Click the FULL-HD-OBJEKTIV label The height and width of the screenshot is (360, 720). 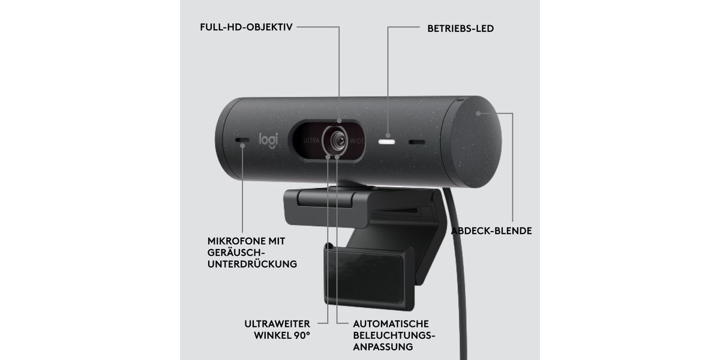coord(246,28)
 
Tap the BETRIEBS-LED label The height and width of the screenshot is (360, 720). coord(460,28)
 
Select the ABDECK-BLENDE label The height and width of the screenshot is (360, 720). coord(491,231)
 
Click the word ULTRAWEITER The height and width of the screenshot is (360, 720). coord(277,323)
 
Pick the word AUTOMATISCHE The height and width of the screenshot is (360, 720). coord(391,323)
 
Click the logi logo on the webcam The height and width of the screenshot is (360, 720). coord(268,140)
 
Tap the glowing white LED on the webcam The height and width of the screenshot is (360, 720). coord(388,142)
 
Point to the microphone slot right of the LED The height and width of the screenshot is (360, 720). coord(417,143)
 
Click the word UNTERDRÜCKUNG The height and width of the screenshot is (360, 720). coord(252,263)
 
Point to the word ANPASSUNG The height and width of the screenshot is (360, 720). coord(383,346)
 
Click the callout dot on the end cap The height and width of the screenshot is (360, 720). coord(478,113)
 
